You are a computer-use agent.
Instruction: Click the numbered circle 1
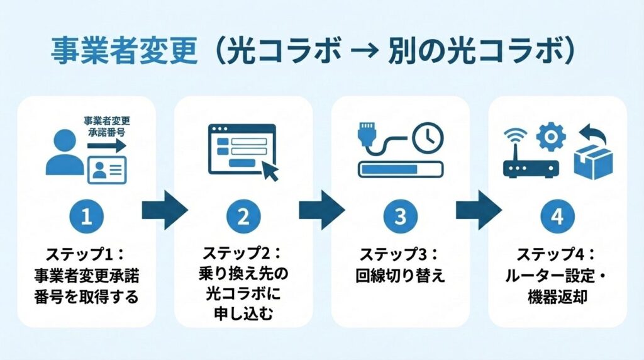click(x=87, y=217)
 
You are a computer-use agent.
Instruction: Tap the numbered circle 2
click(x=243, y=217)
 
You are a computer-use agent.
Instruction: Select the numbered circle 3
click(x=401, y=217)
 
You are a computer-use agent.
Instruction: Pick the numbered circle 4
click(x=557, y=217)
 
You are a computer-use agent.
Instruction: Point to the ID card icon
click(x=106, y=169)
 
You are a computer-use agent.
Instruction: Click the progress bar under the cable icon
click(x=401, y=169)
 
